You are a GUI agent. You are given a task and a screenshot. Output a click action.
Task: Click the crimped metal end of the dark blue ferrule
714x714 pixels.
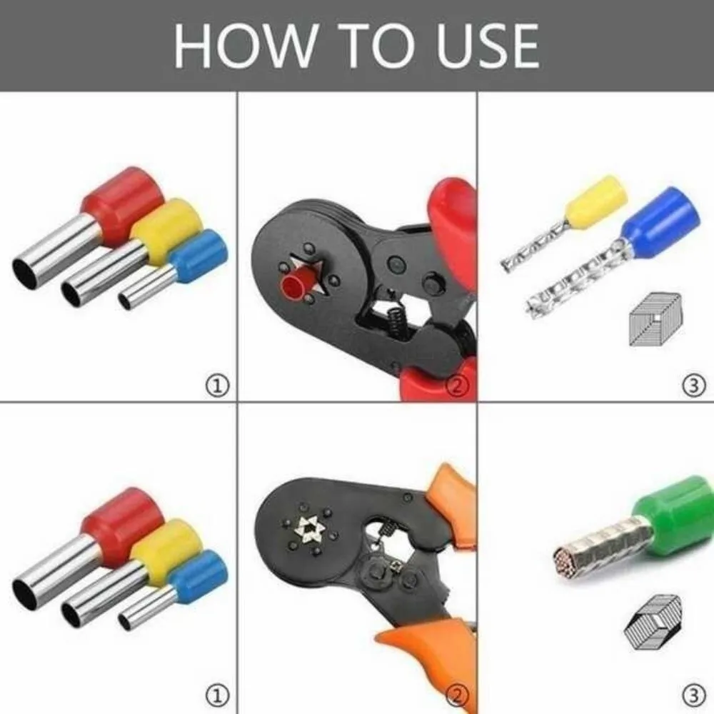pos(571,282)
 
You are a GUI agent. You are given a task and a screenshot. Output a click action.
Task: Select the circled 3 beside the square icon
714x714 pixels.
pos(693,386)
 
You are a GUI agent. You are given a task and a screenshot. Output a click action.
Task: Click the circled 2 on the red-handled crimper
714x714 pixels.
pos(457,386)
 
